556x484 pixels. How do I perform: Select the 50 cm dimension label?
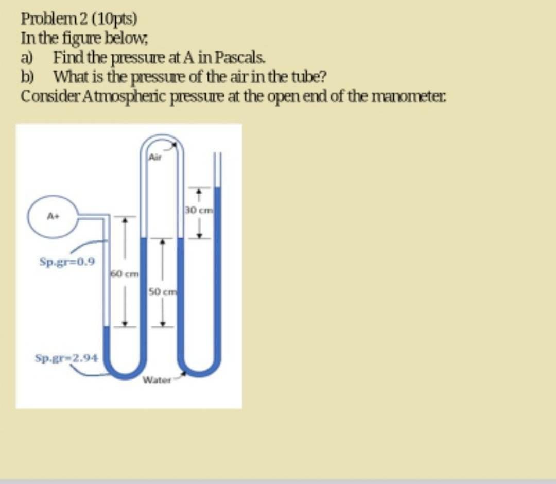click(162, 292)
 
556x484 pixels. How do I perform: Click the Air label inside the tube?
click(155, 158)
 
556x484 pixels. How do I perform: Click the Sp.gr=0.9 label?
click(67, 262)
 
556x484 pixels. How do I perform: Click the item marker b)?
click(28, 77)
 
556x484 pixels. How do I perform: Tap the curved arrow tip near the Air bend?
click(177, 145)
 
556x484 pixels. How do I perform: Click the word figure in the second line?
click(77, 38)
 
